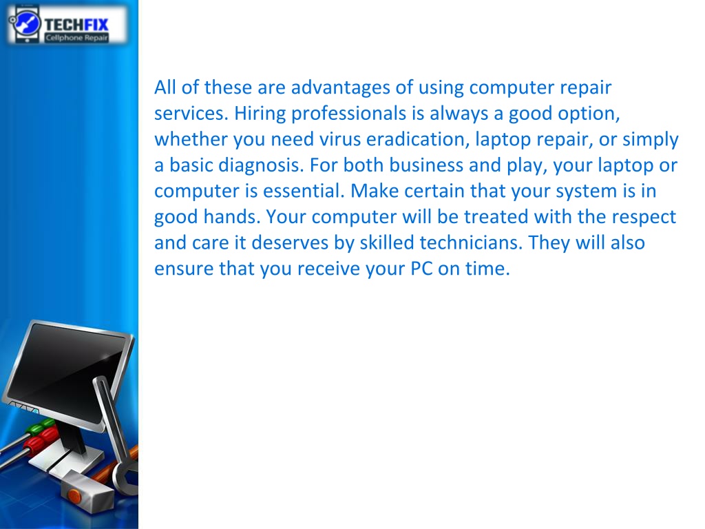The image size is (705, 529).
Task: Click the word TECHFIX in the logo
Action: click(76, 24)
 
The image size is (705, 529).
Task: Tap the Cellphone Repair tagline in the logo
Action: click(76, 38)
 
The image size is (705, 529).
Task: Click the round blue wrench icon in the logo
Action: click(26, 23)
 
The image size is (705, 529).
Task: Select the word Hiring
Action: click(260, 114)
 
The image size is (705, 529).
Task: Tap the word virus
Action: click(340, 139)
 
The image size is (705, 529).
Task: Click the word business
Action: click(425, 165)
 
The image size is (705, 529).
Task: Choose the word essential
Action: click(304, 191)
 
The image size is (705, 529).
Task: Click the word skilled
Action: click(387, 243)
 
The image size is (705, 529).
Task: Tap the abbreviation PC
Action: click(422, 269)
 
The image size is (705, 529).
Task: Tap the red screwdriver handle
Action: click(41, 439)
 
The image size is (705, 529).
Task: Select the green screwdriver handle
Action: click(39, 426)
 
